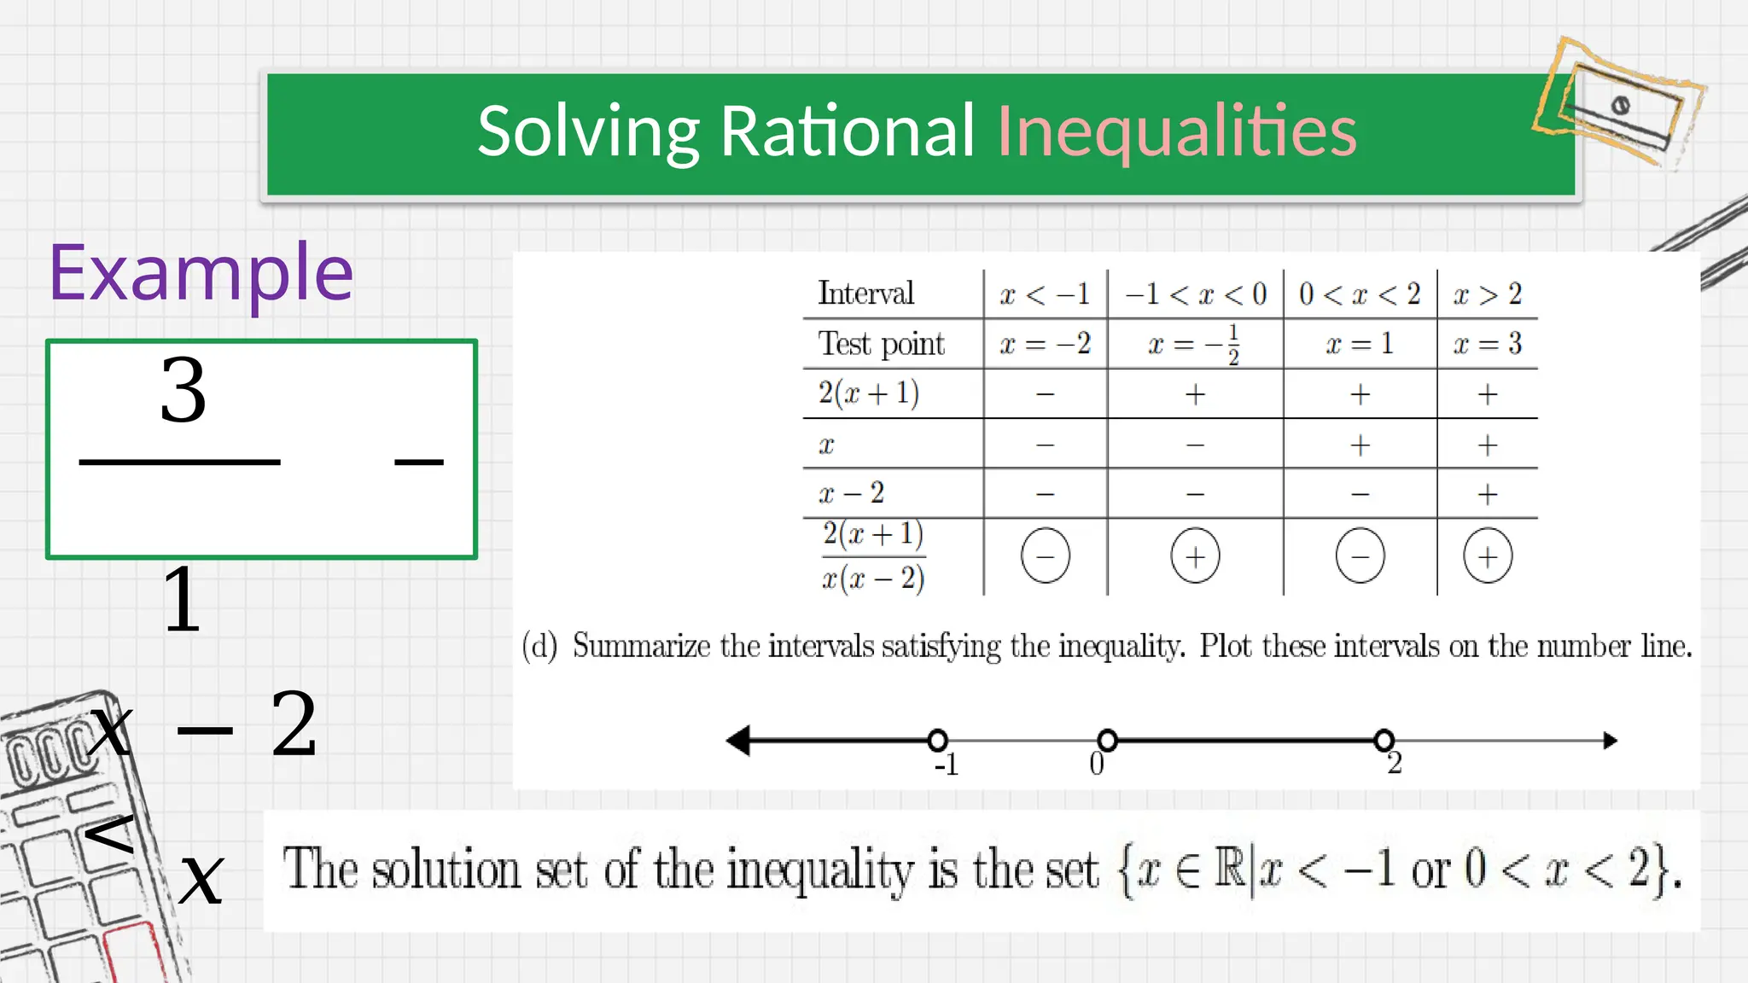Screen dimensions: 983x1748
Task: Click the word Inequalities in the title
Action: tap(1176, 131)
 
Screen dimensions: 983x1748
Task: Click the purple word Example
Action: tap(201, 273)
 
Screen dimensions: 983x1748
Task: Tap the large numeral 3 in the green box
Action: tap(184, 391)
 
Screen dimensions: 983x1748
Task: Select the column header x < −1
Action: tap(1045, 294)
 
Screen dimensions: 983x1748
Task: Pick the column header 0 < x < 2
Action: tap(1360, 294)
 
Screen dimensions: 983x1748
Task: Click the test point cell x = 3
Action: tap(1488, 344)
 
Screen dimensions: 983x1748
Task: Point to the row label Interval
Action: tap(865, 294)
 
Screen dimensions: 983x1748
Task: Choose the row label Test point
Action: tap(882, 344)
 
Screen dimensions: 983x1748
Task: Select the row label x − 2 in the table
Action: tap(851, 493)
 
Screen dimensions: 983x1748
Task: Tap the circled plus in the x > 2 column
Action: tap(1488, 556)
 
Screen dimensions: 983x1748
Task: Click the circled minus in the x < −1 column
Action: tap(1045, 555)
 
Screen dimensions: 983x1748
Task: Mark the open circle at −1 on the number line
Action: tap(937, 740)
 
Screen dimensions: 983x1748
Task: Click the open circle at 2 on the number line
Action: tap(1384, 740)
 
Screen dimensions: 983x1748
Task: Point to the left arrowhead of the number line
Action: tap(738, 740)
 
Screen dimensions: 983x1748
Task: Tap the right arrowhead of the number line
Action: tap(1610, 740)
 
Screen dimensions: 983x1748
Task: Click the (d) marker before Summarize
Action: tap(539, 646)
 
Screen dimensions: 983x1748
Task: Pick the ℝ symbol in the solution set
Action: tap(1230, 868)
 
